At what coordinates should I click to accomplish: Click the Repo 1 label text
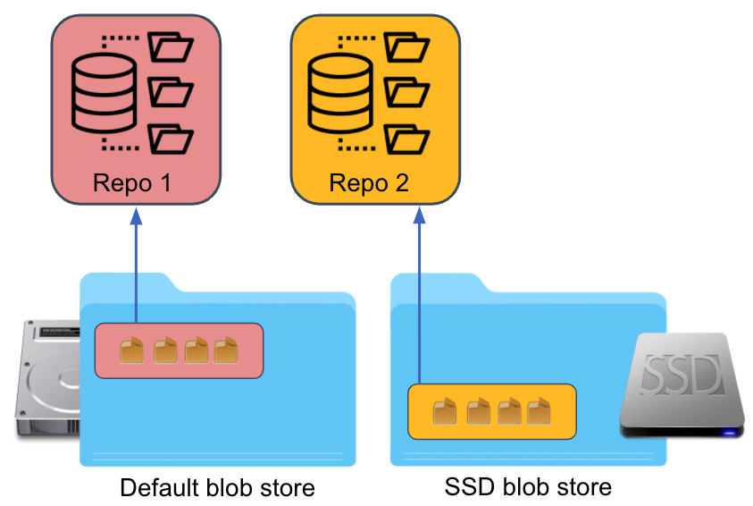pyautogui.click(x=131, y=183)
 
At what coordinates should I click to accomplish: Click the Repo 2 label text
pyautogui.click(x=369, y=183)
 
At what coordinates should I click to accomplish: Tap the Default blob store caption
pyautogui.click(x=217, y=488)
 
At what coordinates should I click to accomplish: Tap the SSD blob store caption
pyautogui.click(x=528, y=487)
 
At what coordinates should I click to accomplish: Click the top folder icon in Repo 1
pyautogui.click(x=170, y=46)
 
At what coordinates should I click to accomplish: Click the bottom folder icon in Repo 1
pyautogui.click(x=170, y=139)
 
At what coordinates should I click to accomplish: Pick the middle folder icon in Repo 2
pyautogui.click(x=406, y=92)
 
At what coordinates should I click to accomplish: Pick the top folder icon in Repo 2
pyautogui.click(x=406, y=46)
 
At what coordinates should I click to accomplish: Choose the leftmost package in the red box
pyautogui.click(x=134, y=350)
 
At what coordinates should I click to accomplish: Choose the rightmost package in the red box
pyautogui.click(x=225, y=350)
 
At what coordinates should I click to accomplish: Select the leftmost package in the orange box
pyautogui.click(x=445, y=411)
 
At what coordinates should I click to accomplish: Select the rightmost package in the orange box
pyautogui.click(x=538, y=411)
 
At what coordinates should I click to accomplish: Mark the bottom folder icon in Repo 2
pyautogui.click(x=406, y=139)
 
